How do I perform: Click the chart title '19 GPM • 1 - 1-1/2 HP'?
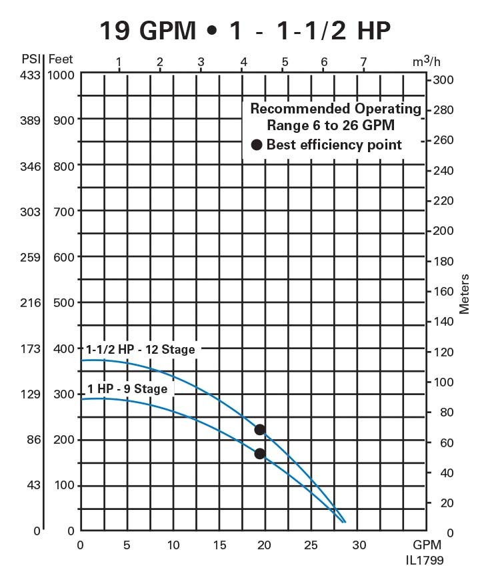click(245, 29)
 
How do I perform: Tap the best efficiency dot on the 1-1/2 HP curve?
click(260, 429)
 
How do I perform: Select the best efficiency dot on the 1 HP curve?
click(260, 454)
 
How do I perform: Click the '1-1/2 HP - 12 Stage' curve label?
click(141, 349)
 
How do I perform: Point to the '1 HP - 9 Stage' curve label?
click(127, 388)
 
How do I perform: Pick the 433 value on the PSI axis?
click(31, 75)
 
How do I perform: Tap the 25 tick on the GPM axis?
click(312, 545)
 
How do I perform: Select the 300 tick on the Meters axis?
click(445, 80)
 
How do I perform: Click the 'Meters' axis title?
click(464, 294)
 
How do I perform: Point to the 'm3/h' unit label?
click(427, 62)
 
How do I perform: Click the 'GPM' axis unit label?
click(427, 545)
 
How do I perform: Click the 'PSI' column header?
click(31, 60)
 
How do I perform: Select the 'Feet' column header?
click(60, 60)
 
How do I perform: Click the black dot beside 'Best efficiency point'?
click(256, 145)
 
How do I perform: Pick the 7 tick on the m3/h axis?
click(363, 63)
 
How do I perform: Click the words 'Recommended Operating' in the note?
click(335, 109)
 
